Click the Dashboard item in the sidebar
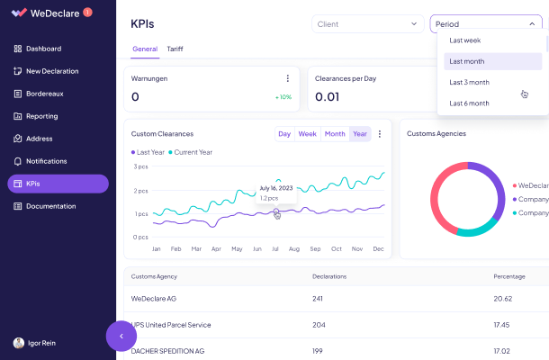[x=43, y=49]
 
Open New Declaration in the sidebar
[x=51, y=71]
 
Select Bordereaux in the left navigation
[x=44, y=94]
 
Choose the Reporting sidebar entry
[x=41, y=116]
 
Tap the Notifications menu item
[x=46, y=161]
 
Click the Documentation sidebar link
[x=50, y=206]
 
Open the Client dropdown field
[x=367, y=24]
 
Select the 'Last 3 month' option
[x=469, y=82]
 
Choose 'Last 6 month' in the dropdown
[x=469, y=103]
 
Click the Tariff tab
[x=175, y=49]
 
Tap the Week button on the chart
[x=307, y=134]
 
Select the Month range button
[x=335, y=134]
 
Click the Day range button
[x=284, y=134]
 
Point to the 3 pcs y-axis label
[x=140, y=166]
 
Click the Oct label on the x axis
[x=337, y=248]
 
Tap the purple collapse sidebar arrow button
[x=121, y=336]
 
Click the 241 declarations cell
[x=318, y=298]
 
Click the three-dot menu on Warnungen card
[x=288, y=78]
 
